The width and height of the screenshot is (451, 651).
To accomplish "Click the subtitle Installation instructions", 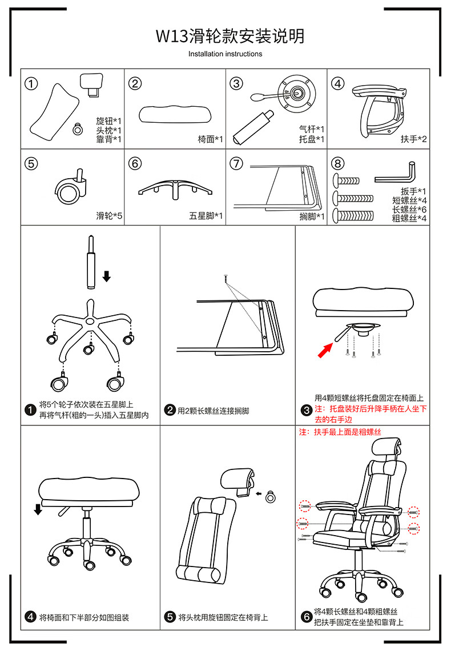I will (225, 54).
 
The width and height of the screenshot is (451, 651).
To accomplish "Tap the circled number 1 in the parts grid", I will (31, 84).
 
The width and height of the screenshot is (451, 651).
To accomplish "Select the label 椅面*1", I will (210, 139).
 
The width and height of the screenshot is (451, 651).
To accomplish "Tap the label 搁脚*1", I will (312, 216).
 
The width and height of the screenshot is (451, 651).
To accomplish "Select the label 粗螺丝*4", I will (409, 218).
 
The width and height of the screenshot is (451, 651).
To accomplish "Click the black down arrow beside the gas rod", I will (106, 276).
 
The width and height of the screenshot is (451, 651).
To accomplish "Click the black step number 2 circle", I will (170, 410).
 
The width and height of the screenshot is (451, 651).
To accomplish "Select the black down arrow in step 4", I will (38, 509).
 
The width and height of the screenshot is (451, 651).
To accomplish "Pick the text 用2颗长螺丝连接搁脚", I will (213, 411).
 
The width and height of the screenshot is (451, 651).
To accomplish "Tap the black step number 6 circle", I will (307, 617).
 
